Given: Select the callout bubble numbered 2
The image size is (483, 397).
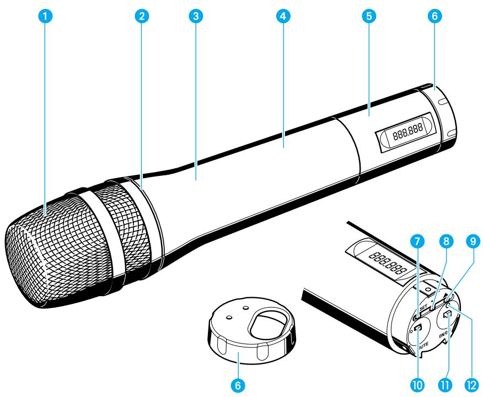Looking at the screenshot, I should point(142,16).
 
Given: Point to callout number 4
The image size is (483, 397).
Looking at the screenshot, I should point(282,16).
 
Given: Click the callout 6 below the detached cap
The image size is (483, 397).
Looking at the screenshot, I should point(238,385).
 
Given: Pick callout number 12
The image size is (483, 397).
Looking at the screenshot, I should point(473,385).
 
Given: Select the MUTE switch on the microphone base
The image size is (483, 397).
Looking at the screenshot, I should point(418,330).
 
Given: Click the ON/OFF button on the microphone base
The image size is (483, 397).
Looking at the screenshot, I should point(447,316).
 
